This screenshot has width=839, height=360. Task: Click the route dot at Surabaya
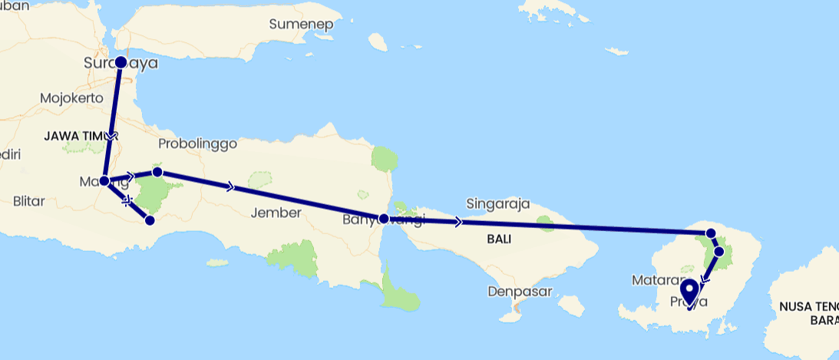[x=121, y=61]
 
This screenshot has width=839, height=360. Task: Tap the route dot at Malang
[x=104, y=181]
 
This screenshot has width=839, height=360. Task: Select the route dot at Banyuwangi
[x=384, y=218]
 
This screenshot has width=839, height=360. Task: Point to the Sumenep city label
[x=301, y=24]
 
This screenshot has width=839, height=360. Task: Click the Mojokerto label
[x=71, y=98]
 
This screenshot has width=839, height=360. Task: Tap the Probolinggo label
[x=197, y=144]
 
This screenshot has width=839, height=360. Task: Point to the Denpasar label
[x=515, y=292]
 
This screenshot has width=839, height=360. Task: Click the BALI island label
[x=499, y=239]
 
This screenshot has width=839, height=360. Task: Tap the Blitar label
[x=30, y=201]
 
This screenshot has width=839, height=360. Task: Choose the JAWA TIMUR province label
[x=73, y=136]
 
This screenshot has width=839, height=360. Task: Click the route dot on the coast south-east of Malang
[x=150, y=220]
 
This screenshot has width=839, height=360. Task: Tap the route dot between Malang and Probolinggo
[x=157, y=172]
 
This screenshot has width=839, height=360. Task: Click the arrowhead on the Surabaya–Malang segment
[x=111, y=135]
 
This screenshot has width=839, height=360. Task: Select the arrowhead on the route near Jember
[x=230, y=187]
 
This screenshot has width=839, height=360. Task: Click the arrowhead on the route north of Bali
[x=458, y=222]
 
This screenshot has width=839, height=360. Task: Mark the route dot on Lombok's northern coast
[x=711, y=233]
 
